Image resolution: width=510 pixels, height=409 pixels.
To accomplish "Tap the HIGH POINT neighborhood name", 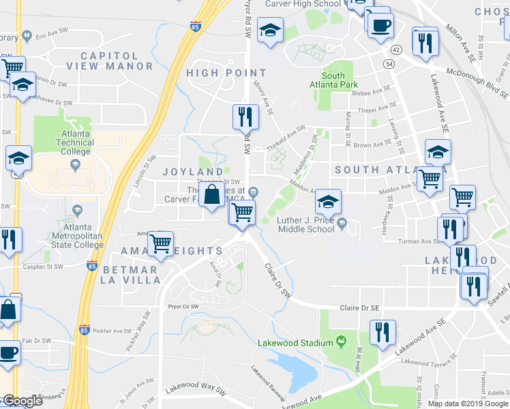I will [217, 73].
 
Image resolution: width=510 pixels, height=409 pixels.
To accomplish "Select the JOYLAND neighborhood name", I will [192, 171].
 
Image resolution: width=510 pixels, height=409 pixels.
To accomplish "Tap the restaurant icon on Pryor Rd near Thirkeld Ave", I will [245, 117].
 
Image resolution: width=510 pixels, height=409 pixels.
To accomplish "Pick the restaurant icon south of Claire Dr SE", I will [382, 332].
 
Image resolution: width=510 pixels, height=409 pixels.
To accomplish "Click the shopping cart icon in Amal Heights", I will [161, 243].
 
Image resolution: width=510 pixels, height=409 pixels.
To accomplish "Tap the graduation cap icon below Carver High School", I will [271, 31].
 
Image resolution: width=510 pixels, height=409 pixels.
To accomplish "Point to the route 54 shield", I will [389, 63].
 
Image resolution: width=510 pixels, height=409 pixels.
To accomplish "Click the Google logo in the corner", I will [22, 401].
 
